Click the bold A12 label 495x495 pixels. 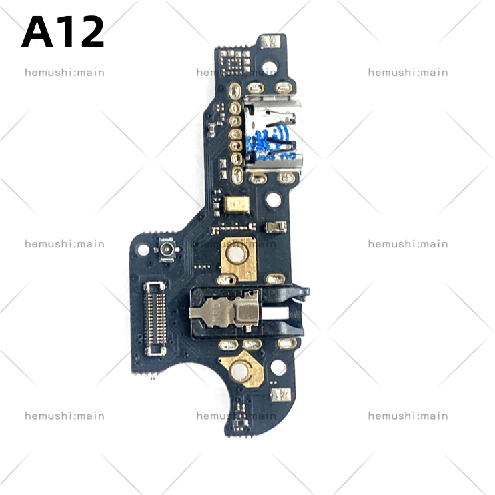pyautogui.click(x=63, y=33)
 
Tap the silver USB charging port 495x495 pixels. pyautogui.click(x=273, y=133)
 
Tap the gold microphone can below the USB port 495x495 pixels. pyautogui.click(x=237, y=204)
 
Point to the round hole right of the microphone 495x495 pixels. pyautogui.click(x=272, y=199)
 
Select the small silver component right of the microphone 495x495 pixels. pyautogui.click(x=275, y=227)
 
